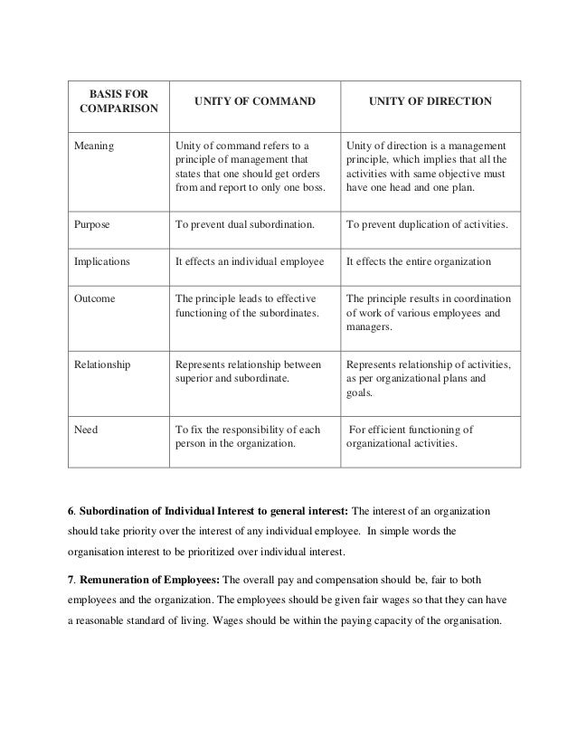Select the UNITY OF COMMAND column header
point(245,103)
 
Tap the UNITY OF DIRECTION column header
point(429,103)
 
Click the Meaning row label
point(95,146)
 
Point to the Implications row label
point(102,261)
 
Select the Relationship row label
point(102,365)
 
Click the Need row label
point(87,430)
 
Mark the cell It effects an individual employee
point(248,261)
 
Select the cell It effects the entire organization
point(418,261)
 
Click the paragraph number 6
point(71,513)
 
